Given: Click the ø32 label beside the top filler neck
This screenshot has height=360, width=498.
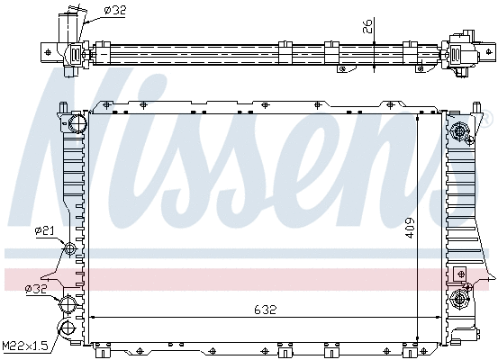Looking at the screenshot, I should [x=114, y=10].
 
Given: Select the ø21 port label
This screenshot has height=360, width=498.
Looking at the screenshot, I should [x=44, y=230].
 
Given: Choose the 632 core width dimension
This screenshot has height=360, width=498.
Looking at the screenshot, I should [x=265, y=309].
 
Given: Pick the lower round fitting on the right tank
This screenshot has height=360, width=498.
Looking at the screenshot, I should [x=462, y=296].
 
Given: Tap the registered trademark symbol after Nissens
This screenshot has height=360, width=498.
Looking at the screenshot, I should [x=490, y=120].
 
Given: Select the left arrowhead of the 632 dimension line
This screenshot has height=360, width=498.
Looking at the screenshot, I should [x=93, y=318].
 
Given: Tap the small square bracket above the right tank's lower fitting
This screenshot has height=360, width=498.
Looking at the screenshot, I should [x=461, y=272].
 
